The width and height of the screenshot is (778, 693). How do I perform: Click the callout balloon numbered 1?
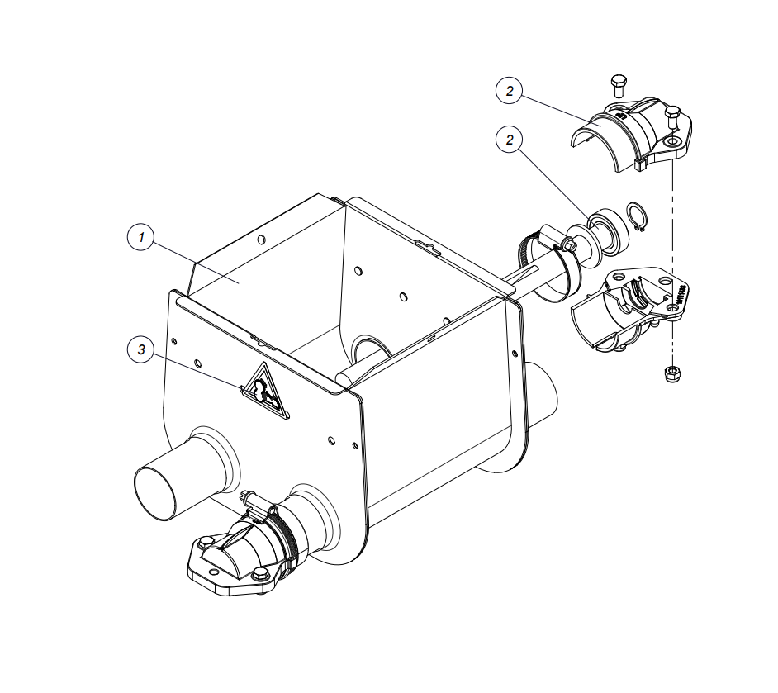point(141,237)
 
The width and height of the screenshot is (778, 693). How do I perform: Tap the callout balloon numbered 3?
point(141,349)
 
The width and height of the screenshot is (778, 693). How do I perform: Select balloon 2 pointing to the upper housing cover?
point(510,91)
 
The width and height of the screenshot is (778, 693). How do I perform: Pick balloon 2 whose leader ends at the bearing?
point(510,140)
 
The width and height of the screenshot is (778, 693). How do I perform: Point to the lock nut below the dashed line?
point(671,373)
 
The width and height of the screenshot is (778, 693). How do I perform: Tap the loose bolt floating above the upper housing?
point(619,86)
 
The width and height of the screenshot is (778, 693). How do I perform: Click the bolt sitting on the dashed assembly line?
point(672,117)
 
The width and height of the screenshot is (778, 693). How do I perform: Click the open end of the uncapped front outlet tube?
point(154,494)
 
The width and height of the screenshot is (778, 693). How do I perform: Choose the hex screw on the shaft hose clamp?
point(569,244)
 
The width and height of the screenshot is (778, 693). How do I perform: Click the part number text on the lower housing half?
point(681,294)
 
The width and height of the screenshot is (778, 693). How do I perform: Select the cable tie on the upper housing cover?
point(641,164)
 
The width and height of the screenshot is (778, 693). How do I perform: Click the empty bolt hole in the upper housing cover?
point(672,143)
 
